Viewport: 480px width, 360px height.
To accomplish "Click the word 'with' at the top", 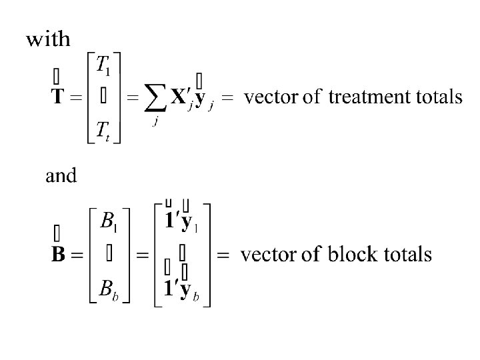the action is (x=48, y=39).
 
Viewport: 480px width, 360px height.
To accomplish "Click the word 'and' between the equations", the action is (x=61, y=176).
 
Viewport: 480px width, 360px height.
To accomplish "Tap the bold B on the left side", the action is (x=59, y=256).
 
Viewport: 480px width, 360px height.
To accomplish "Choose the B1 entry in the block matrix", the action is (x=108, y=221).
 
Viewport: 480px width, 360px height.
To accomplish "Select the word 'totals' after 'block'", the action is (x=407, y=255).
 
